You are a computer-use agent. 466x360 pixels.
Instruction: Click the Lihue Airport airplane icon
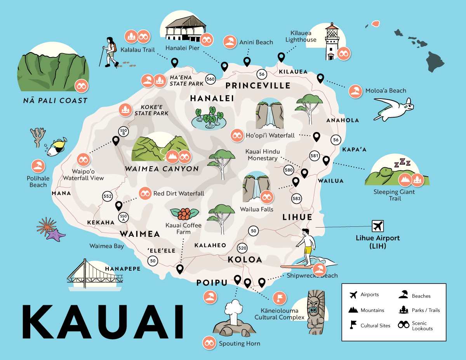(377, 226)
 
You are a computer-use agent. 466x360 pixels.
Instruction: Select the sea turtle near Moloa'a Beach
(392, 109)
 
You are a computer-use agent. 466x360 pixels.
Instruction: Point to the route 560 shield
(210, 79)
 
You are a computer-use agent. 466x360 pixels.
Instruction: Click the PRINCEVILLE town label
(258, 85)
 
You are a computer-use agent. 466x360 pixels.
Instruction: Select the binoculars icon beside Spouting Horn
(209, 343)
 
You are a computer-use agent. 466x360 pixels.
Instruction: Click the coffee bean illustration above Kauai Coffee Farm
(184, 214)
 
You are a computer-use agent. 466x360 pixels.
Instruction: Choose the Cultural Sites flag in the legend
(353, 325)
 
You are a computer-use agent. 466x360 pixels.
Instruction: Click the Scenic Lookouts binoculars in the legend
(403, 325)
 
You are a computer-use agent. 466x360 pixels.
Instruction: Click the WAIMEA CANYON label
(162, 169)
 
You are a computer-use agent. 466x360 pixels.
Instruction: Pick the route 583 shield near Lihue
(296, 198)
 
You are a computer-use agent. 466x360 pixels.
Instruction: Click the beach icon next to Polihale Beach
(38, 167)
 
